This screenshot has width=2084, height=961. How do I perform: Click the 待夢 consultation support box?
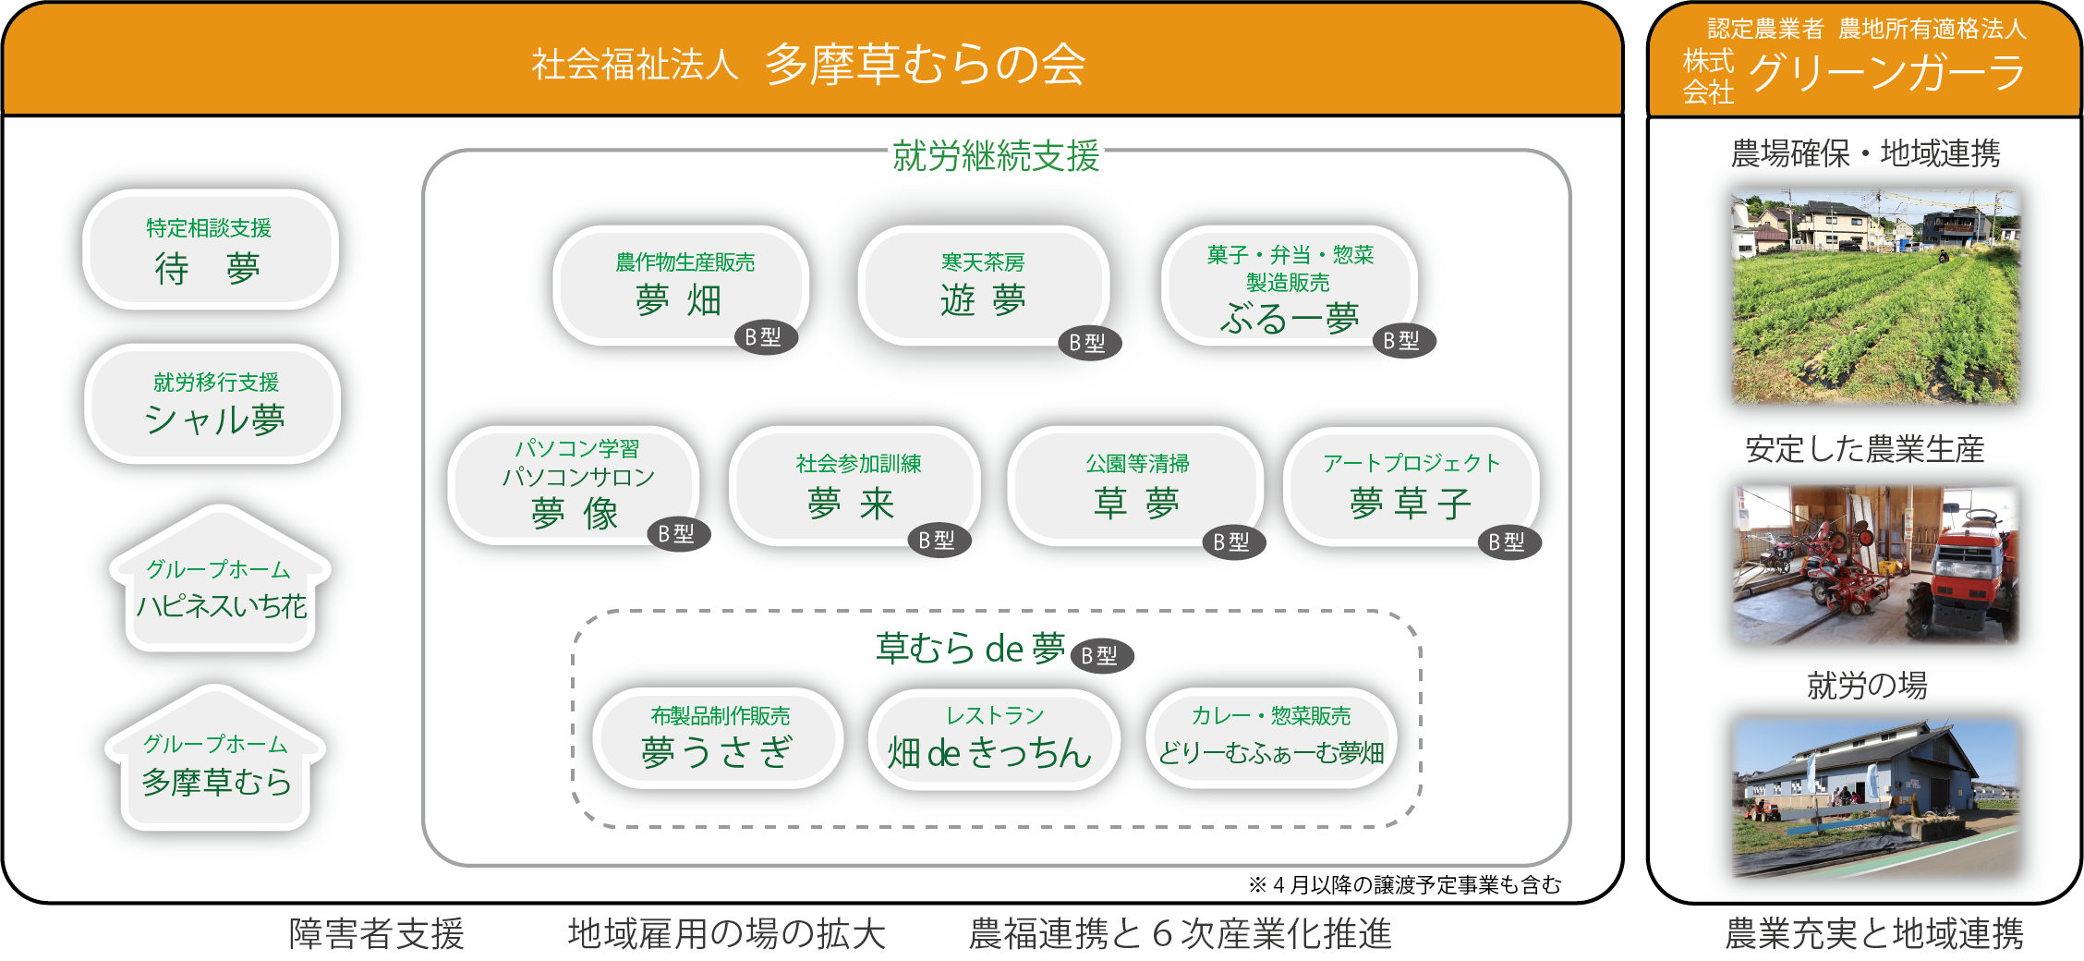coord(210,249)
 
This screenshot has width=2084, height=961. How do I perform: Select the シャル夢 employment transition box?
coord(212,404)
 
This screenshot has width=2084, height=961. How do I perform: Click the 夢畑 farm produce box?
coord(680,286)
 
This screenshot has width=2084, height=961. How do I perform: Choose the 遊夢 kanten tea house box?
coord(983,286)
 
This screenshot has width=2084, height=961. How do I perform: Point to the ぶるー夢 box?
coord(1289,286)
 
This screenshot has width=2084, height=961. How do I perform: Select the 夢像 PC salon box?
coord(574,486)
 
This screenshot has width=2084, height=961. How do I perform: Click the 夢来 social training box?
coord(854,486)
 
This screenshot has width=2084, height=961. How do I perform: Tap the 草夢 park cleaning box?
coord(1135,486)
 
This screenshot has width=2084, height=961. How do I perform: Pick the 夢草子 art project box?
coord(1410,486)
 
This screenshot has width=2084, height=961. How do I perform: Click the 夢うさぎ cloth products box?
coord(718,738)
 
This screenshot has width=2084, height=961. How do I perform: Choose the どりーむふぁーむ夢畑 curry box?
coord(1271,738)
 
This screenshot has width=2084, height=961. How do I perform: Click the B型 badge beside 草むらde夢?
coord(1101,655)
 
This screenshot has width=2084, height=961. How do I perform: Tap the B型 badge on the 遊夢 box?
coord(1088,343)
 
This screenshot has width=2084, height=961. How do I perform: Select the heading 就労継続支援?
coord(995,155)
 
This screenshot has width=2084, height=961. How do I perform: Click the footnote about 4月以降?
coord(1404,885)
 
